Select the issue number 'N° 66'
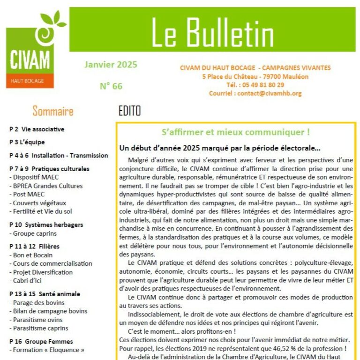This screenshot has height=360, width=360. pyautogui.click(x=111, y=86)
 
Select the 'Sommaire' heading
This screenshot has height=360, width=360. pyautogui.click(x=53, y=112)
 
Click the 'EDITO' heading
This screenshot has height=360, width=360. pyautogui.click(x=129, y=112)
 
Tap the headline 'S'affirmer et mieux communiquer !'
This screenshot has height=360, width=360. pyautogui.click(x=235, y=133)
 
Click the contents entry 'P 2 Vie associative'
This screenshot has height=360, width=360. pyautogui.click(x=37, y=129)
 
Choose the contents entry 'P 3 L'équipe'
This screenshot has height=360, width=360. pyautogui.click(x=27, y=142)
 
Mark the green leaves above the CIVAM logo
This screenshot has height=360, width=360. pyautogui.click(x=53, y=18)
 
